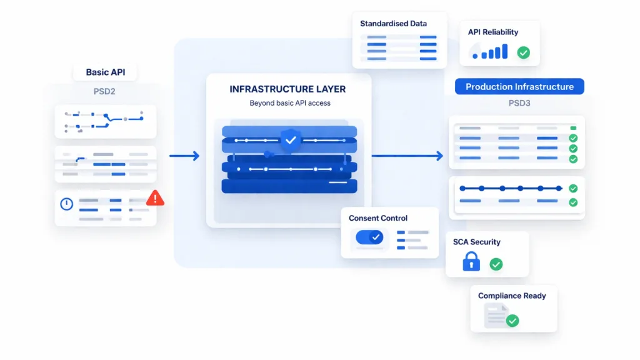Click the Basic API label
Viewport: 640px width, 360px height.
coord(105,72)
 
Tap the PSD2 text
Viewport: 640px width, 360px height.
coord(104,91)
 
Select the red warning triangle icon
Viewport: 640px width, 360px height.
coord(155,199)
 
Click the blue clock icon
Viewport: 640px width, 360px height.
coord(67,204)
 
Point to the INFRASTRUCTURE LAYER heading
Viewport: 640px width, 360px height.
coord(288,89)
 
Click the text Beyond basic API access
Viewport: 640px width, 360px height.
coord(289,103)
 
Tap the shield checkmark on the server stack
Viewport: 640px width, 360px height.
coord(290,140)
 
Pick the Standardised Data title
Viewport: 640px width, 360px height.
coord(393,24)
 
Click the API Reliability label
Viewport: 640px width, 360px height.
coord(492,32)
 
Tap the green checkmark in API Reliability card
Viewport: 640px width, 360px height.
coord(523,53)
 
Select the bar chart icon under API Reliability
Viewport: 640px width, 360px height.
coord(491,52)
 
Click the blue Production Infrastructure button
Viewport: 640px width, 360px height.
coord(519,87)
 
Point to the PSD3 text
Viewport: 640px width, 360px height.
coord(519,103)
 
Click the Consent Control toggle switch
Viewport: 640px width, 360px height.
coord(369,237)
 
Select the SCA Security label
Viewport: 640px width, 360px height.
coord(476,242)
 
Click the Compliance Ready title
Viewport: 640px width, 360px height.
coord(512,296)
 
